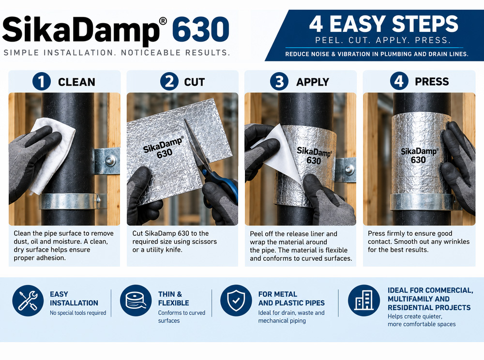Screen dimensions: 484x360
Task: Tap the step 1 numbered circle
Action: [x=42, y=81]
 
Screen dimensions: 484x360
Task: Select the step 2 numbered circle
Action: [x=169, y=81]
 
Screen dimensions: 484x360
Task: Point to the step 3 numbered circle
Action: [x=279, y=81]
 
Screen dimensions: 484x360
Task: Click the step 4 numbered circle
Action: [x=399, y=81]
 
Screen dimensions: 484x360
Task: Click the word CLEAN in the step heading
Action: [x=76, y=82]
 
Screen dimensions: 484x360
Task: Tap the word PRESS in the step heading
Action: [x=432, y=81]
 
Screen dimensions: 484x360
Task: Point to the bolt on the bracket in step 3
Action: [x=349, y=169]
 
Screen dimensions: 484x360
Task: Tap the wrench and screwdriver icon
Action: [x=28, y=300]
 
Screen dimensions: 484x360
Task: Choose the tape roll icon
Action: [x=136, y=300]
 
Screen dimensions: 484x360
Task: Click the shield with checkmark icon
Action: [x=236, y=300]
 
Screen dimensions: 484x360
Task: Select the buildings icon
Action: [x=363, y=300]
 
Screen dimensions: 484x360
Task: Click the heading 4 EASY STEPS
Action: [x=384, y=24]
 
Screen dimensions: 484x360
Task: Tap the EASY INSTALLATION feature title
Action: [x=74, y=299]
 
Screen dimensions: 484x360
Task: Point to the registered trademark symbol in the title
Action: [x=163, y=21]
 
